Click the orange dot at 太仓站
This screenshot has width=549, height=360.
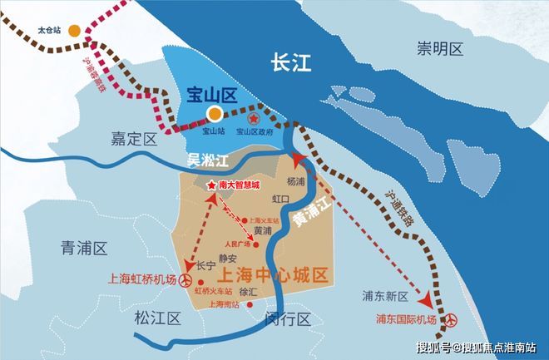pos(75,31)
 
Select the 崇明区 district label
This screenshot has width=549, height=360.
pos(440,50)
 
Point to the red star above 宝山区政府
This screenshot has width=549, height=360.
pos(251,119)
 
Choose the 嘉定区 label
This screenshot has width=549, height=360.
pos(133,138)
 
